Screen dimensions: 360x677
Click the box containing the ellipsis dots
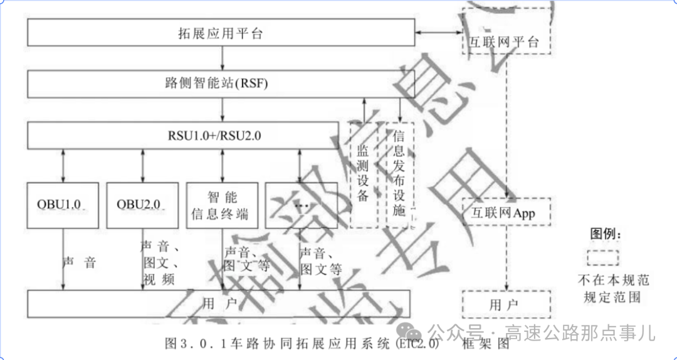point(300,205)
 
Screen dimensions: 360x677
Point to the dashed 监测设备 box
point(363,174)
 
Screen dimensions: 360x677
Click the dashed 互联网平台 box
point(506,42)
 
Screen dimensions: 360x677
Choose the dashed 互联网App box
point(506,213)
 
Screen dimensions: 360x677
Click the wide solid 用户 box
point(219,304)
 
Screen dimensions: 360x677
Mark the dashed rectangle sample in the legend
point(602,258)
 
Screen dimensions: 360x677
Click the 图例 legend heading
point(605,235)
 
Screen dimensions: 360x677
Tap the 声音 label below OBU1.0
point(80,262)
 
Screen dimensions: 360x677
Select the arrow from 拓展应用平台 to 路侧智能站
point(223,58)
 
